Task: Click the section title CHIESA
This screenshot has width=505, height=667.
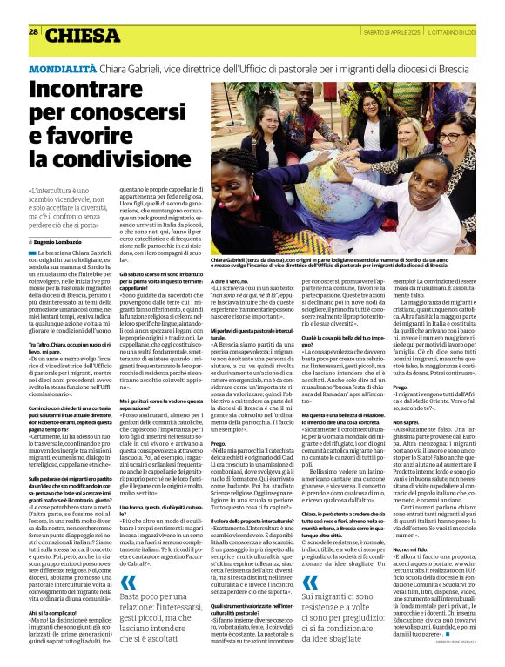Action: tap(83, 36)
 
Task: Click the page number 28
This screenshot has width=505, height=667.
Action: tap(34, 31)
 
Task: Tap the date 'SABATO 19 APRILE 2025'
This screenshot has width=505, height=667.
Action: tap(386, 31)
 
